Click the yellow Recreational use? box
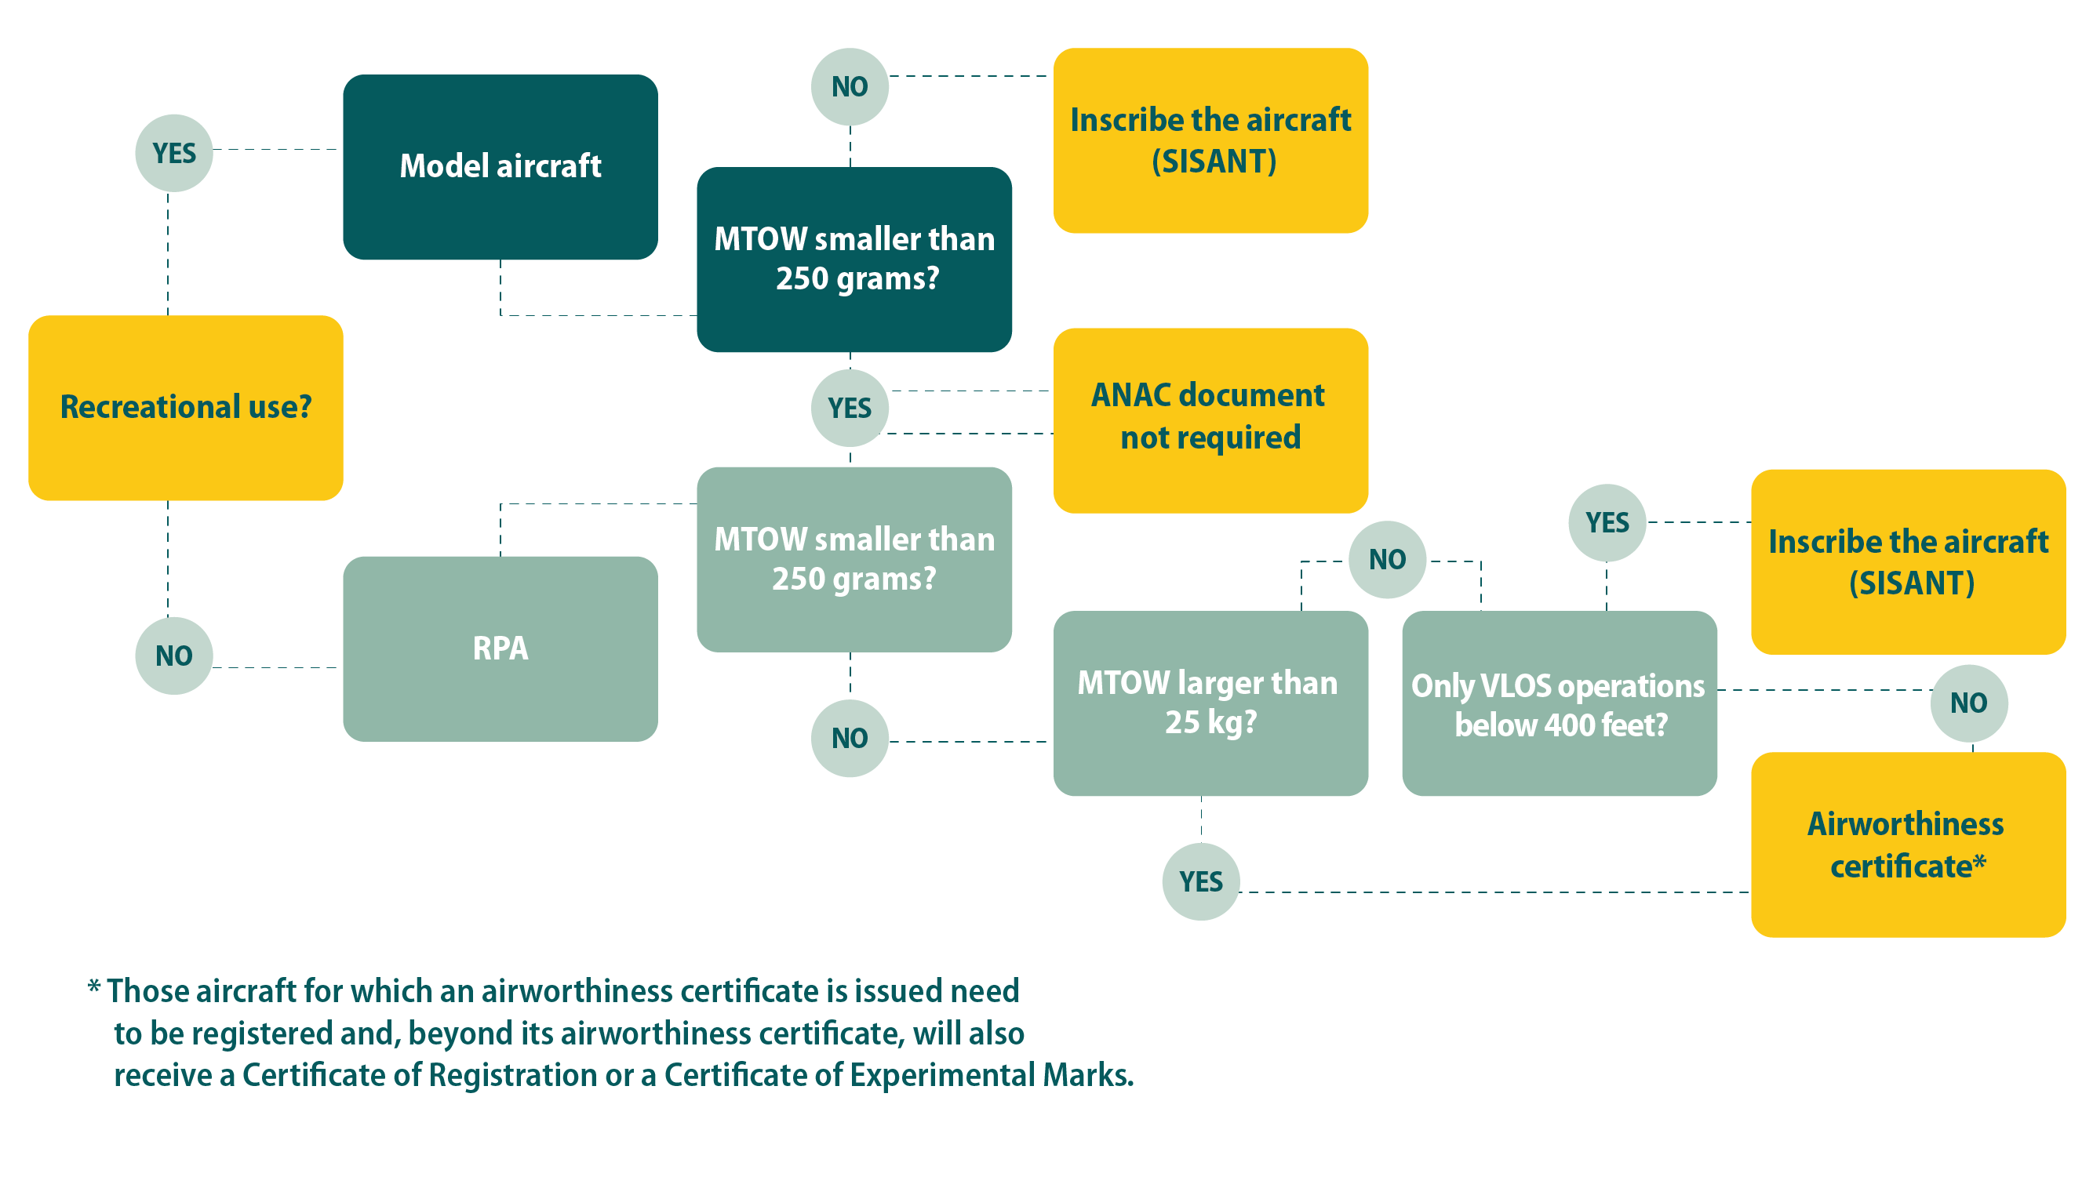click(x=185, y=407)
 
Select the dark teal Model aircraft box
click(x=500, y=166)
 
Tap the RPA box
click(x=500, y=648)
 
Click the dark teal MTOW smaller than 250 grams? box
click(x=854, y=258)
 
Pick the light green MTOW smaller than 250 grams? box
click(x=854, y=559)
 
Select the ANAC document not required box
click(x=1210, y=420)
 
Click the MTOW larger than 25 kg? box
click(x=1210, y=703)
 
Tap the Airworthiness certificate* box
click(x=1907, y=844)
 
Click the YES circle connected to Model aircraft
click(x=174, y=153)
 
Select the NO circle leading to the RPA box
click(x=174, y=656)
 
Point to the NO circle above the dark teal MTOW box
click(x=849, y=87)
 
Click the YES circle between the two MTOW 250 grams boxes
click(x=849, y=408)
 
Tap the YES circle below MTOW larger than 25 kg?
click(x=1200, y=881)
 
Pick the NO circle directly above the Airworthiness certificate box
click(x=1969, y=703)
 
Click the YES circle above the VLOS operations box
click(x=1607, y=522)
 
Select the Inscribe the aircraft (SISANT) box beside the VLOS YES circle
click(x=1907, y=561)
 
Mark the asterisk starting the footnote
click(x=93, y=987)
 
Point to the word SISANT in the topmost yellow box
click(x=1214, y=162)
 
